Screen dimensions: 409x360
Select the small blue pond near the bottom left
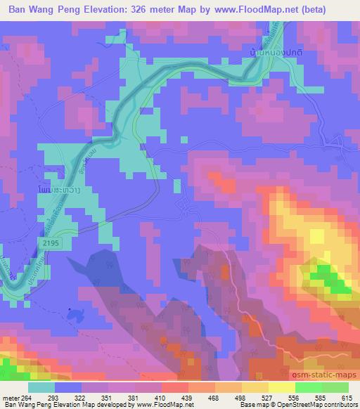click(69, 309)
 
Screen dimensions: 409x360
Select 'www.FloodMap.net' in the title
click(264, 10)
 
